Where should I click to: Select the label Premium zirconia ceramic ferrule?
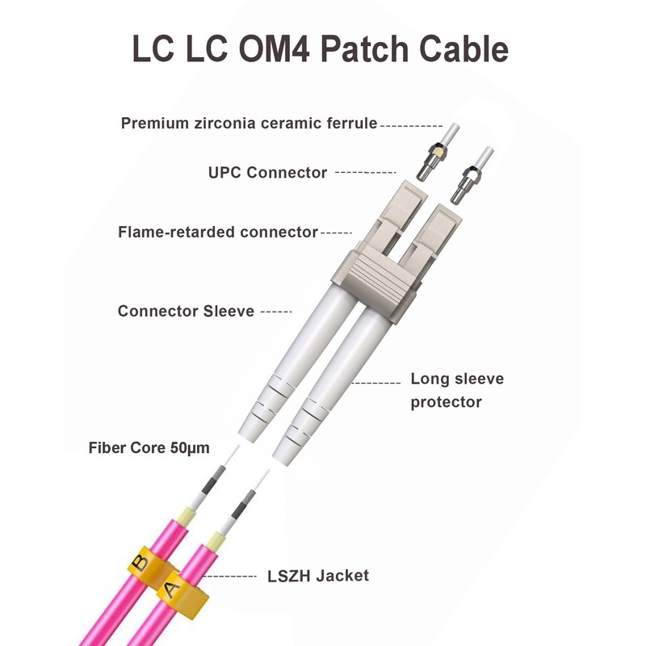point(249,124)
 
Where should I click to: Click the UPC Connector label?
point(267,172)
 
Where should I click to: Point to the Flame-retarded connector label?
point(218,232)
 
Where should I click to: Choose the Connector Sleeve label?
point(186,311)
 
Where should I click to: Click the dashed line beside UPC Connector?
point(365,172)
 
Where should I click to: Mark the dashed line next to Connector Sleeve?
point(277,311)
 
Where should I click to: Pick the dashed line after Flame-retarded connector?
point(337,233)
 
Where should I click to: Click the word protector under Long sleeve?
point(446,401)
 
